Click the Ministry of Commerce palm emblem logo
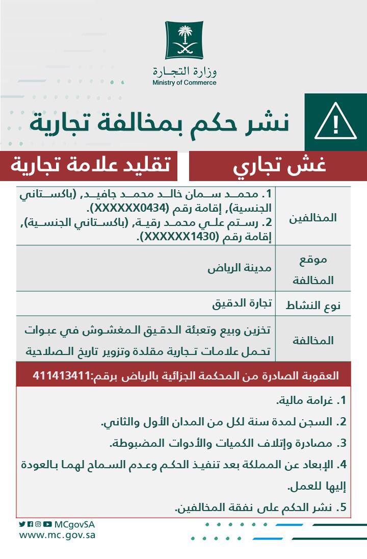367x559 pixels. point(183,40)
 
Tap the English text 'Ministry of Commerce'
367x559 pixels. point(184,83)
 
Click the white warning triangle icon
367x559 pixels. point(335,122)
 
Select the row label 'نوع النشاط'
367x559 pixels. point(319,306)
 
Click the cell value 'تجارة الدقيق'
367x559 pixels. point(242,304)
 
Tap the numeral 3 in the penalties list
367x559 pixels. point(343,444)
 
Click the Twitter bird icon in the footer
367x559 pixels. point(22,524)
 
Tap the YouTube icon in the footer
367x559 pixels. point(47,524)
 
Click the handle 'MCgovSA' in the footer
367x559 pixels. point(74,524)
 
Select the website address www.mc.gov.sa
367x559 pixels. point(57,536)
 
